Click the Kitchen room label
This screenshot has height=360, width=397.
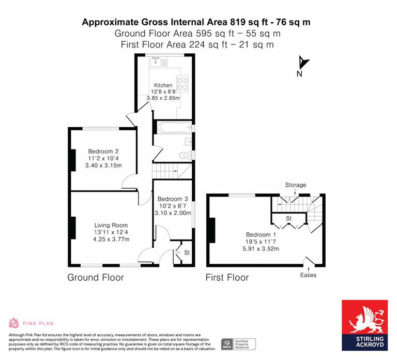163,85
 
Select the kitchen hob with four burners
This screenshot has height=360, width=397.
183,83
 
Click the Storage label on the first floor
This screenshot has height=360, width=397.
295,185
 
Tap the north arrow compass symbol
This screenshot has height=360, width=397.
302,64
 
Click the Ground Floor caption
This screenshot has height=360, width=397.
96,278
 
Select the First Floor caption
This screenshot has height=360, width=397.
227,278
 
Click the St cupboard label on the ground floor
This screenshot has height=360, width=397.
179,252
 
